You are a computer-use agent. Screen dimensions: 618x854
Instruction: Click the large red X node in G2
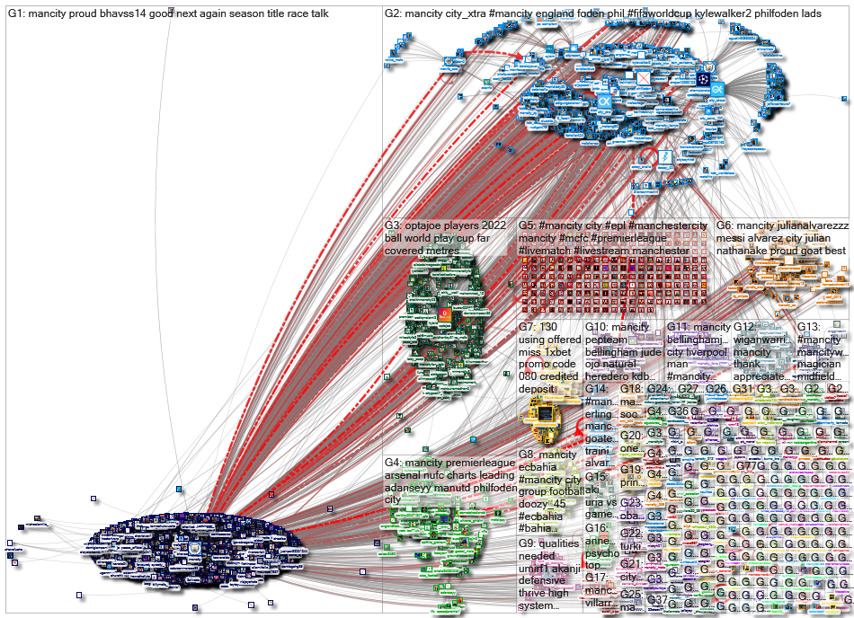[644, 78]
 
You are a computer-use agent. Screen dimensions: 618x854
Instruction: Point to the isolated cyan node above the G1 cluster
[179, 489]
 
